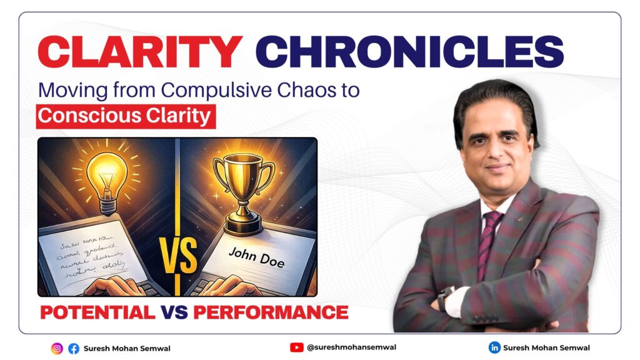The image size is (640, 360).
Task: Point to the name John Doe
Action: click(x=257, y=257)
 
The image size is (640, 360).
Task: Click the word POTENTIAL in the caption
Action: click(x=97, y=312)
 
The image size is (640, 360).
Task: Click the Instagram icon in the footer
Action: click(x=57, y=348)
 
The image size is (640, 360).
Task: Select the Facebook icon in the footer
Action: click(x=74, y=348)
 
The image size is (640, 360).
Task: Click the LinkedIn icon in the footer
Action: click(x=494, y=347)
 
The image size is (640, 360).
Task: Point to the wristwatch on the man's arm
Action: click(x=446, y=299)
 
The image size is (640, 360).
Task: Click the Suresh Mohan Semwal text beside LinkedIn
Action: click(x=547, y=347)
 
